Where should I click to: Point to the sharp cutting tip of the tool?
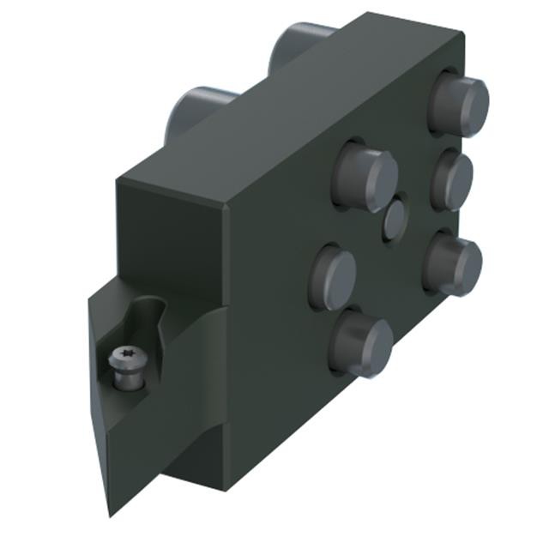pos(110,512)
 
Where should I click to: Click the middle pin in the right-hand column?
pos(453,182)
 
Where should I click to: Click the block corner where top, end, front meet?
pos(225,206)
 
